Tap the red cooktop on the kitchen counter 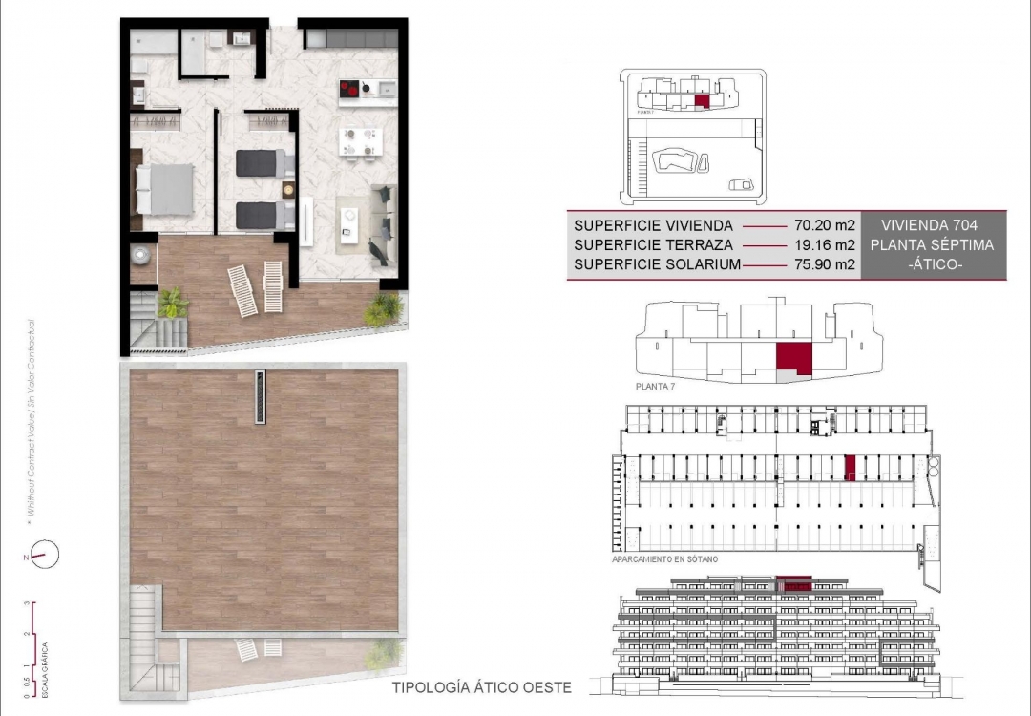[x=351, y=91]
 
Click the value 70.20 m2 [x=824, y=226]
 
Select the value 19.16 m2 [x=824, y=245]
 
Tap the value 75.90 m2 [x=824, y=264]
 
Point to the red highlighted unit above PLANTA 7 [x=793, y=358]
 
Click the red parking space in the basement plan [x=850, y=466]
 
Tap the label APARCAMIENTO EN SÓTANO [x=666, y=559]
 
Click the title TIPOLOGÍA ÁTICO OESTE [x=482, y=687]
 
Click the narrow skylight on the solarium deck [x=261, y=397]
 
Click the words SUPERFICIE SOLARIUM [x=656, y=264]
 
